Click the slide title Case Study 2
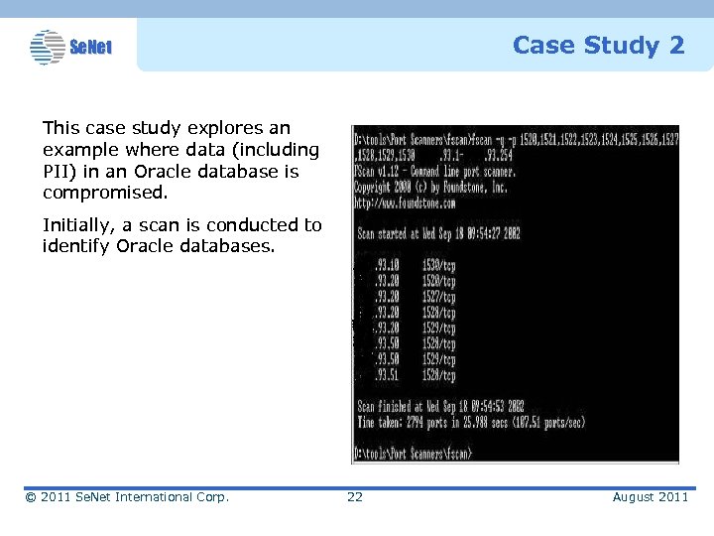click(598, 46)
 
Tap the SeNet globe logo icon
click(47, 46)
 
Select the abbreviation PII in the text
click(58, 171)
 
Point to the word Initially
click(78, 225)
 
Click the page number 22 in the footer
click(354, 496)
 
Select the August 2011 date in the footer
click(650, 496)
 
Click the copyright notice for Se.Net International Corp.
click(127, 496)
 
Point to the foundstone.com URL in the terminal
click(405, 202)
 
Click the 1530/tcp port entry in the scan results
click(437, 265)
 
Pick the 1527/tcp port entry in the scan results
click(437, 296)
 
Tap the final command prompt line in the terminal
click(414, 452)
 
